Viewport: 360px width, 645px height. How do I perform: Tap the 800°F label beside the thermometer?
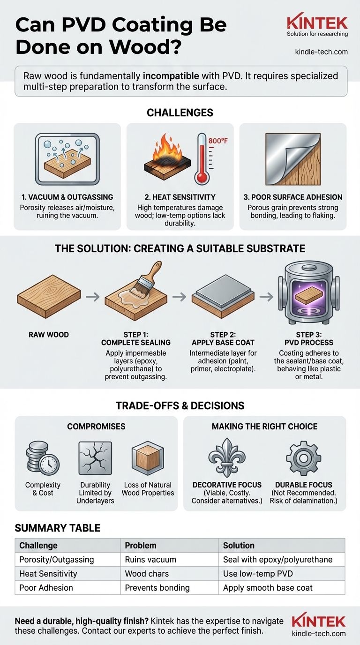pyautogui.click(x=218, y=141)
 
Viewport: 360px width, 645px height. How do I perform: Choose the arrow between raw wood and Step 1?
pyautogui.click(x=93, y=297)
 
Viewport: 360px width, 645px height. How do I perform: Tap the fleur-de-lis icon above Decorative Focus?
pyautogui.click(x=227, y=457)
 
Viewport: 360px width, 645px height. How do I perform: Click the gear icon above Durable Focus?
pyautogui.click(x=304, y=457)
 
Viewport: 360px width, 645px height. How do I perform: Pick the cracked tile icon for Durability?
pyautogui.click(x=95, y=458)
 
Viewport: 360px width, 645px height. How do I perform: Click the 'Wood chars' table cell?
pyautogui.click(x=147, y=574)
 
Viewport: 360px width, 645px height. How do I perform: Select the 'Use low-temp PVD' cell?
pyautogui.click(x=258, y=574)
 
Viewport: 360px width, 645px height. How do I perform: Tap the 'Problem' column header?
pyautogui.click(x=141, y=545)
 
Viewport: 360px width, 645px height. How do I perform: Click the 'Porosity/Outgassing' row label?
pyautogui.click(x=56, y=560)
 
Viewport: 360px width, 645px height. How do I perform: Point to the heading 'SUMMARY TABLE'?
pyautogui.click(x=58, y=528)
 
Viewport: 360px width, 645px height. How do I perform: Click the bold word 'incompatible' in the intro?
pyautogui.click(x=171, y=76)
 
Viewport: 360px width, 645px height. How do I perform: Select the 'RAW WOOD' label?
pyautogui.click(x=49, y=335)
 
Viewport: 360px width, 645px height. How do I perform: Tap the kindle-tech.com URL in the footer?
pyautogui.click(x=319, y=634)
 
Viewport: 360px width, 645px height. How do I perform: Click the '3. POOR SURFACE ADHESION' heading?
pyautogui.click(x=293, y=197)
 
